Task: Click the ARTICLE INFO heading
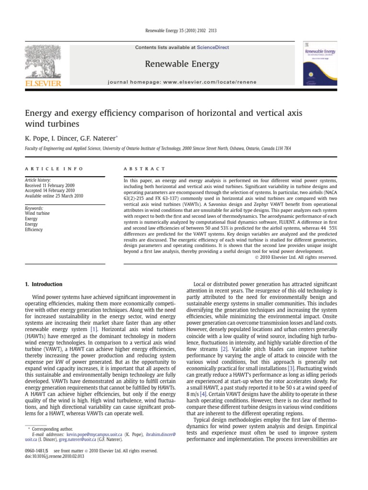(54, 169)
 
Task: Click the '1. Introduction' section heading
(44, 284)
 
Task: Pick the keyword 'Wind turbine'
(37, 213)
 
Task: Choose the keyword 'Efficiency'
(34, 230)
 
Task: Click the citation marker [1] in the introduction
(94, 330)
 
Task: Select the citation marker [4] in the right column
(203, 393)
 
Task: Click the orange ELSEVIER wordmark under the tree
(43, 83)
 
